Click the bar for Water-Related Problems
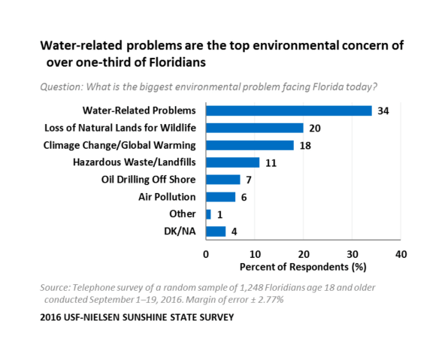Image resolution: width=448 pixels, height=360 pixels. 289,111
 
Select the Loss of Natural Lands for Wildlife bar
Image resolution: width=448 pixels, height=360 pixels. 255,128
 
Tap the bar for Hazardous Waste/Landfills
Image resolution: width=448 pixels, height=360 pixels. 232,162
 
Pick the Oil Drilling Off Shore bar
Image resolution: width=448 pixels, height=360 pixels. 222,180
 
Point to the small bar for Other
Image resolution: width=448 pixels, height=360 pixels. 208,214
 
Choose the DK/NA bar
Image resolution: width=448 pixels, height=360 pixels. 216,231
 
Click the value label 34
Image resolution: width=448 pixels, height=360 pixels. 383,111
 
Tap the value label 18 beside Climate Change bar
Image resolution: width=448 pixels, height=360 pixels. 305,146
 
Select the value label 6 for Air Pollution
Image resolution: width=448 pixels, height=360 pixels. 244,198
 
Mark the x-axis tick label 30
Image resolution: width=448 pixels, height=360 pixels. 353,254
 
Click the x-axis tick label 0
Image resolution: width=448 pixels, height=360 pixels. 206,254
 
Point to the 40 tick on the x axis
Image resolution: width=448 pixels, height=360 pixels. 401,254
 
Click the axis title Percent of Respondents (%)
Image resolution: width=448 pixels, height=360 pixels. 303,267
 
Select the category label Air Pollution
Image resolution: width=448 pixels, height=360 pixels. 167,197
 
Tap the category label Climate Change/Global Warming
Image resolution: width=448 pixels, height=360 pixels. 120,146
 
